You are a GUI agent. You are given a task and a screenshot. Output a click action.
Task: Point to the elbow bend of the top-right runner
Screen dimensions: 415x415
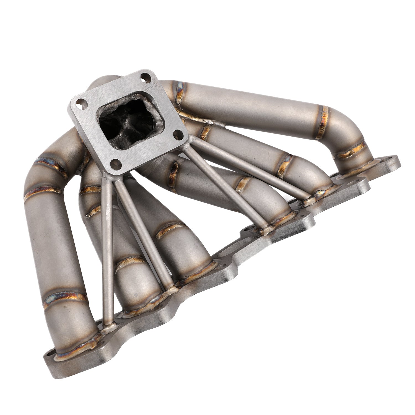coord(349,130)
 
